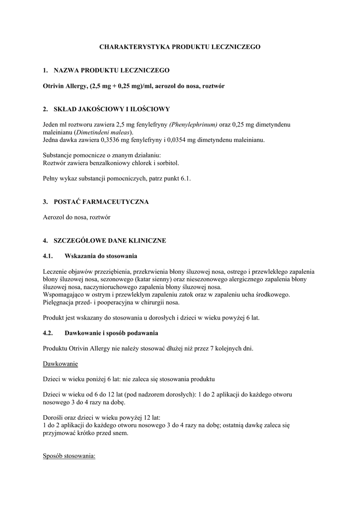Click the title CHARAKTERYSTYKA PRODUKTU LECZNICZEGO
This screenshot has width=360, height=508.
pos(180,47)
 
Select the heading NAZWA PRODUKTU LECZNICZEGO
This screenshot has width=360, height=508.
pos(112,70)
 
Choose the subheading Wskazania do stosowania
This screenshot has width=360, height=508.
pos(101,256)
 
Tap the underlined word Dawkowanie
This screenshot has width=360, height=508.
pos(61,364)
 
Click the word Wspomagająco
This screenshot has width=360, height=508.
pos(63,295)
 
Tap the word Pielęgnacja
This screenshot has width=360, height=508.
pos(60,303)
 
